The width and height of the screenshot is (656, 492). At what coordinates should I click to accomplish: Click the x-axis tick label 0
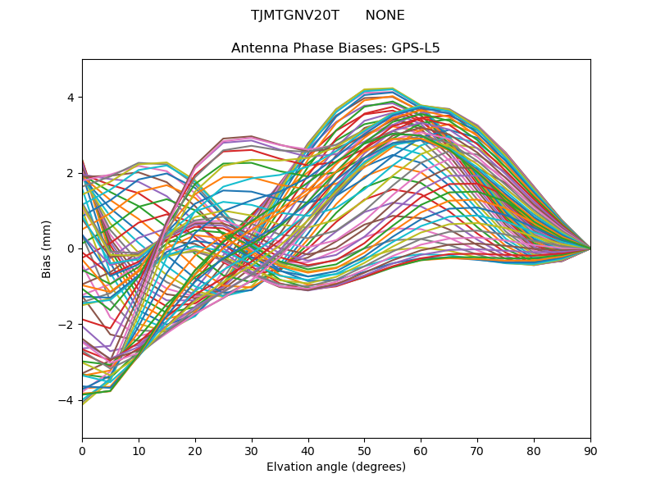tap(82, 450)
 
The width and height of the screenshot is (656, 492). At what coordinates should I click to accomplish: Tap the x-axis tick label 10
tap(139, 450)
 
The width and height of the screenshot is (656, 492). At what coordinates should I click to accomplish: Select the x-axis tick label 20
tap(195, 450)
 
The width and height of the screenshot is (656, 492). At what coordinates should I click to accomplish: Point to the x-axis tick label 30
tap(252, 450)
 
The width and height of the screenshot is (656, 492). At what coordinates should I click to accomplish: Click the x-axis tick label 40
tap(308, 450)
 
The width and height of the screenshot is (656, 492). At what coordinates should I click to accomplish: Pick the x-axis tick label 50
tap(364, 450)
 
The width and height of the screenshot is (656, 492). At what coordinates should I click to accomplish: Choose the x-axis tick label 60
tap(421, 450)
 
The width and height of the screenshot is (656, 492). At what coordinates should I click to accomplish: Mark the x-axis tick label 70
tap(477, 450)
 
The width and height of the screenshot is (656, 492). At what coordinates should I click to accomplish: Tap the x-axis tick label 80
tap(534, 450)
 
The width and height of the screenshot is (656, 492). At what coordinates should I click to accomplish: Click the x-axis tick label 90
tap(590, 450)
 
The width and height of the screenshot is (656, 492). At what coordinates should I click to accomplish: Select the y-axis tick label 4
tap(70, 98)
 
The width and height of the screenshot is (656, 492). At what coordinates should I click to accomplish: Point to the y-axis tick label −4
tap(66, 400)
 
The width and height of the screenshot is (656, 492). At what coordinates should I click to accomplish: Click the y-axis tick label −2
tap(66, 325)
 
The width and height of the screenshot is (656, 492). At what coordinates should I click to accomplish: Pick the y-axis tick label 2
tap(70, 173)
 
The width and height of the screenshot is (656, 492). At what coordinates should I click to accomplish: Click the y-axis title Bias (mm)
tap(47, 248)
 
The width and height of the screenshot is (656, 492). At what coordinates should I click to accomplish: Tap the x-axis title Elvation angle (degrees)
tap(336, 467)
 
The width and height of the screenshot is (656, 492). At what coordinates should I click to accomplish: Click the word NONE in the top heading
tap(385, 16)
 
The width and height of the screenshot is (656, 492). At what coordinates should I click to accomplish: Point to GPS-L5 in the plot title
tap(415, 48)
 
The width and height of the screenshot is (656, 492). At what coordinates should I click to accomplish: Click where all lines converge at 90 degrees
tap(590, 248)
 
